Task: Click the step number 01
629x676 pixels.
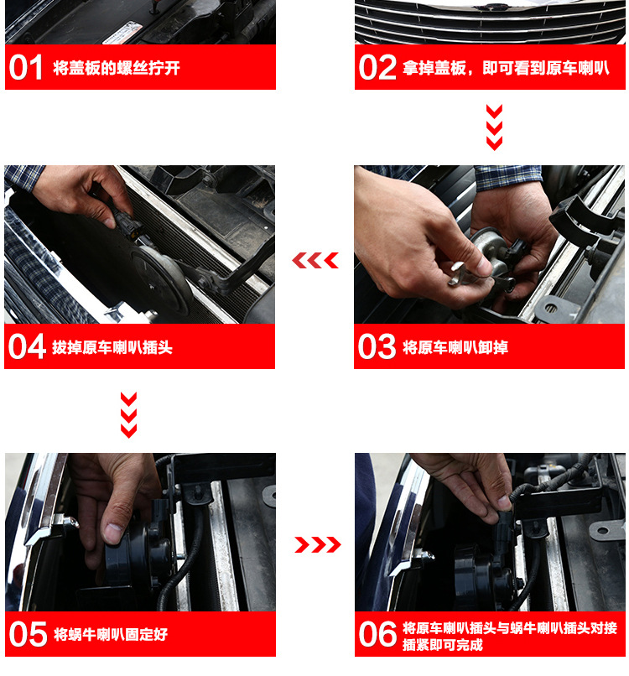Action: point(25,68)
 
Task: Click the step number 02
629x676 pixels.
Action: point(377,68)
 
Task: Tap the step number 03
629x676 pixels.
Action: point(377,346)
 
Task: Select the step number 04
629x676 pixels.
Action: point(27,346)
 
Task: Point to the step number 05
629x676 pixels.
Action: point(27,634)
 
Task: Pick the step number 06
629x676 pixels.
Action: point(377,634)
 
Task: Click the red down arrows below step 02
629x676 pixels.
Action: point(494,127)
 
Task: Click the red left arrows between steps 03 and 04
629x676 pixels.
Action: point(314,261)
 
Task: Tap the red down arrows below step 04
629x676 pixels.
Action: point(128,414)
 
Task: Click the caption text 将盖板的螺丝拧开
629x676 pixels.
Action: point(117,68)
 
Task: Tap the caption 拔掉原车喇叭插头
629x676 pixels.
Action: point(112,347)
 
